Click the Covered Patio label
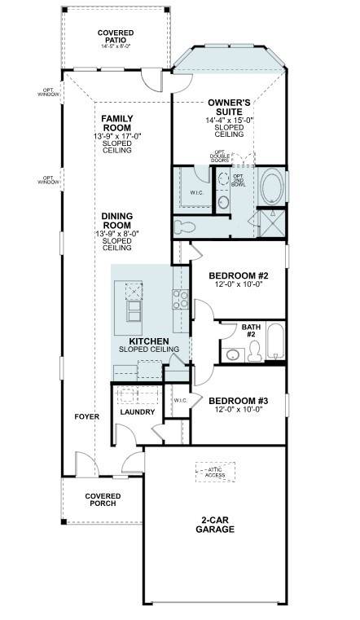[116, 36]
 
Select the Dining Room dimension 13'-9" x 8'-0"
[117, 234]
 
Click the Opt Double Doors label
[220, 156]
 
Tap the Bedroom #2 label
[239, 275]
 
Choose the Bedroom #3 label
[239, 400]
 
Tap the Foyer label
[87, 416]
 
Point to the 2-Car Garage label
[215, 525]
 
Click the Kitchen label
[149, 341]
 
